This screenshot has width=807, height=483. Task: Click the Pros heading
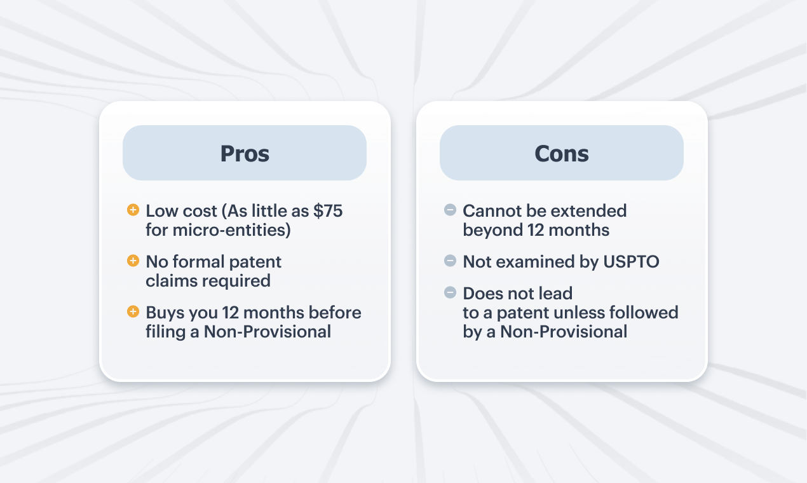point(245,154)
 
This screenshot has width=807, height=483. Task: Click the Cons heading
point(562,154)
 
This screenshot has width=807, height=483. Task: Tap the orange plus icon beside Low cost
point(133,210)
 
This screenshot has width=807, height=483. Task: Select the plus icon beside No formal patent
point(133,261)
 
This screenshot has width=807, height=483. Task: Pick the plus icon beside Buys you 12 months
point(133,311)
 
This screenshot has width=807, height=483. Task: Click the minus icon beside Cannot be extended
point(450,210)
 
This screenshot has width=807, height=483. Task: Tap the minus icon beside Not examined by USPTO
point(450,261)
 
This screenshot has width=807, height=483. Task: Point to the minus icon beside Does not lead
point(450,292)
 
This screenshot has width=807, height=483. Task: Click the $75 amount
point(328,211)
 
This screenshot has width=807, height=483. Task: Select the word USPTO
point(631,262)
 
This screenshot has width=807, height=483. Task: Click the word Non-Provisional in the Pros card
point(268,332)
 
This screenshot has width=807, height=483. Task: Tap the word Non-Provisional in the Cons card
point(564,332)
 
